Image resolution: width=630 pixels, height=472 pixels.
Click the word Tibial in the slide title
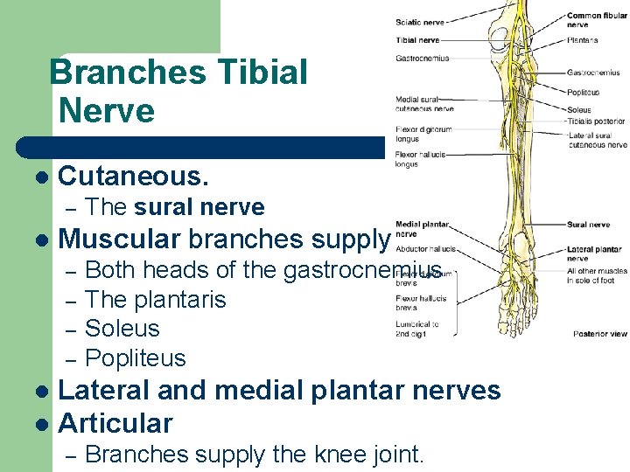tap(262, 72)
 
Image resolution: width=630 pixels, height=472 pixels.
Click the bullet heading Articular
tap(115, 423)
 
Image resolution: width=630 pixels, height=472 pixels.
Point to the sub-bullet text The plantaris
tap(156, 300)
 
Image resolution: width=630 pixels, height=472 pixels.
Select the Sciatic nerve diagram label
tap(421, 23)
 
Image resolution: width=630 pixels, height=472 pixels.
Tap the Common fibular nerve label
tap(596, 19)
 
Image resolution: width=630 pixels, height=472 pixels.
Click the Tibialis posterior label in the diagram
tap(595, 121)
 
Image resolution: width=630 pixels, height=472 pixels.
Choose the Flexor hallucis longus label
tap(420, 159)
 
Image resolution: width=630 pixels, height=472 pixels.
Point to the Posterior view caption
tap(599, 334)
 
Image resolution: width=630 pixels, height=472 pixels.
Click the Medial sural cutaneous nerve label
tap(424, 104)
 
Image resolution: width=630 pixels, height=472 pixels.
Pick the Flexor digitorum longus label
tap(423, 134)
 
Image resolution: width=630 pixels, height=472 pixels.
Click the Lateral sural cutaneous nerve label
tap(597, 140)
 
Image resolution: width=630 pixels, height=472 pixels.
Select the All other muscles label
tap(596, 275)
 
